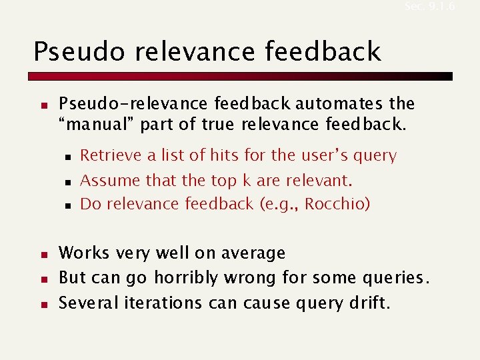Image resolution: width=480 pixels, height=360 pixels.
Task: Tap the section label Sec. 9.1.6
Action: pos(429,6)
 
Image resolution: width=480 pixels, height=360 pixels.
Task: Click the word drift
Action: pos(370,303)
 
